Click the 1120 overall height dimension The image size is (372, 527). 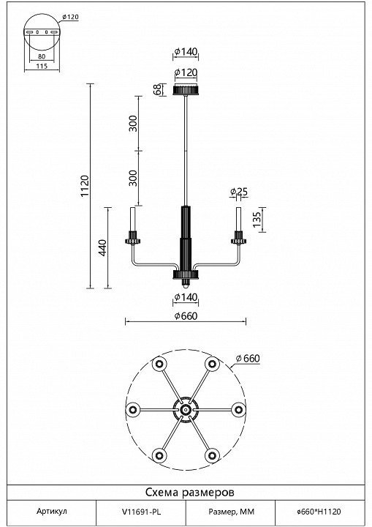(84, 186)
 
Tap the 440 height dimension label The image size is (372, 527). (103, 247)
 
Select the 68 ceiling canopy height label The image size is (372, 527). (157, 90)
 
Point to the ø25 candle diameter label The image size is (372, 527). (239, 192)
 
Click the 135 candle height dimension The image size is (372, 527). (257, 220)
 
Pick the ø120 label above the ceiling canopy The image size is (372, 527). (186, 72)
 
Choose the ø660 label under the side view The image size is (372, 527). (186, 316)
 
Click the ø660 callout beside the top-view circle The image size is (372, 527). (248, 359)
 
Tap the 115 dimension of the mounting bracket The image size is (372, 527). (42, 66)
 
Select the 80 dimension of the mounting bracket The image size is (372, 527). (42, 56)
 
